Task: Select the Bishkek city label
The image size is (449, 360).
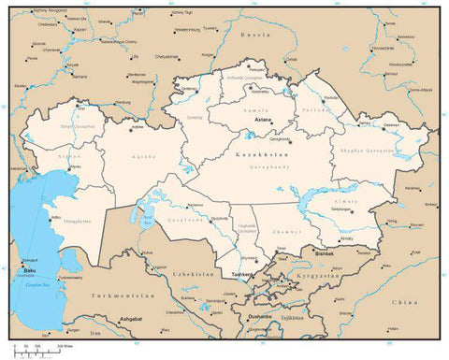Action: click(325, 253)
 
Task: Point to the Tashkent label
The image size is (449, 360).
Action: click(241, 274)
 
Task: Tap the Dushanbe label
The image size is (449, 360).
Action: click(259, 316)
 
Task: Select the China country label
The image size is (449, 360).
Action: click(405, 303)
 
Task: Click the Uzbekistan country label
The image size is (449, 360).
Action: click(195, 271)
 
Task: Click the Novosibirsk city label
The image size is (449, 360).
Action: click(383, 48)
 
